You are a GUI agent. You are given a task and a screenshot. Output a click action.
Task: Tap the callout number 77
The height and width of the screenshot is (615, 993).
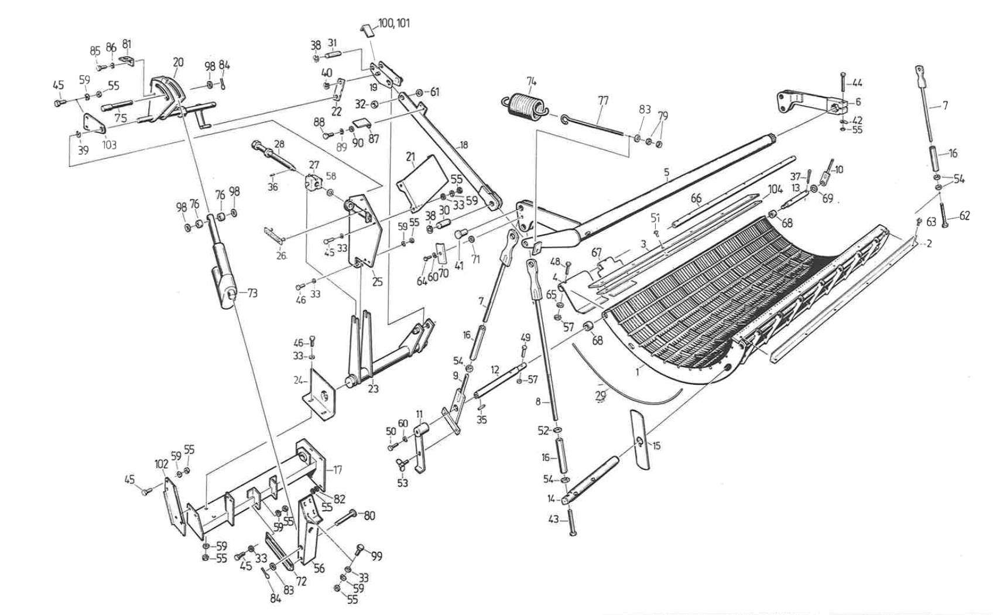point(603,101)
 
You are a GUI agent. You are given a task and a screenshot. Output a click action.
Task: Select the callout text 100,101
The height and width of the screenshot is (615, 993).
point(394,23)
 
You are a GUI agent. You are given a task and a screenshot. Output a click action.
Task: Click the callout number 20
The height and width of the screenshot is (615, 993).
point(178,63)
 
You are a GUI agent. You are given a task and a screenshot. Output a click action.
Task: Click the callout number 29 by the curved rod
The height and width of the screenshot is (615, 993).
point(601,396)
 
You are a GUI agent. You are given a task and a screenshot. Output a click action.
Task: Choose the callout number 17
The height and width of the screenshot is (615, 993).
point(337,470)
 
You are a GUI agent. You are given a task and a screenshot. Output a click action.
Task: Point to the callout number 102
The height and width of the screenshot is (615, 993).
point(162,464)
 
